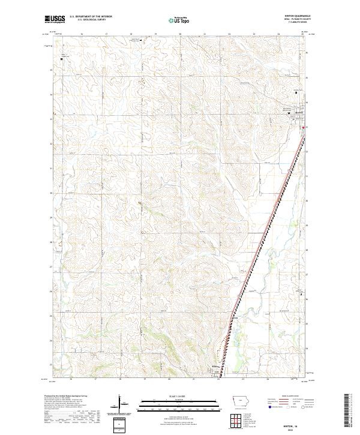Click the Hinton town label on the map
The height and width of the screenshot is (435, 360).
coord(214,368)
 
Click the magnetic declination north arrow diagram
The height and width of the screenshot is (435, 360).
coord(119,403)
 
